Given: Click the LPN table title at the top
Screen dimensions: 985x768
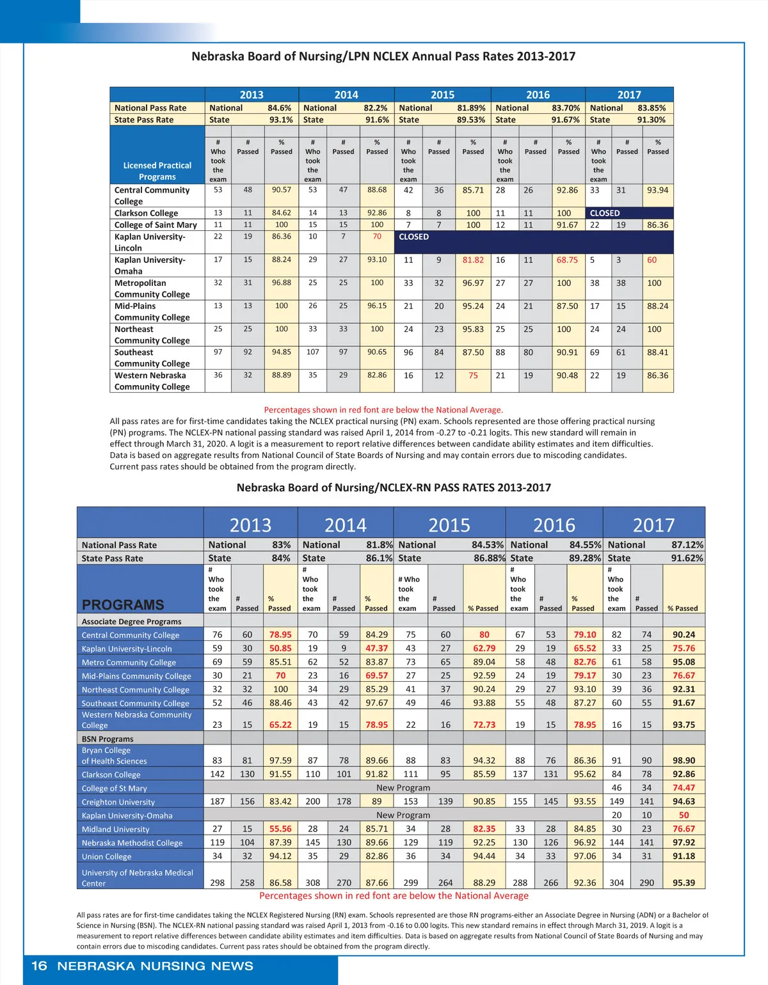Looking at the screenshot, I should pos(383,56).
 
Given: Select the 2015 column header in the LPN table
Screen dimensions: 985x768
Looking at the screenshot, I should pos(442,95).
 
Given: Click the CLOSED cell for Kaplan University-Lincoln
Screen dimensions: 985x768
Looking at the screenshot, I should pos(414,237).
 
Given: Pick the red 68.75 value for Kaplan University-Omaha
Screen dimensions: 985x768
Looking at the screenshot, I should pos(567,260).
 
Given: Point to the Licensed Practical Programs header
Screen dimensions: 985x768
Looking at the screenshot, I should pos(157,171).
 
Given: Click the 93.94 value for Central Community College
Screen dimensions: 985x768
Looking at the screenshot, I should pos(657,190).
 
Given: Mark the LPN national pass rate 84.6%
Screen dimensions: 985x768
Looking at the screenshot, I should pos(279,108).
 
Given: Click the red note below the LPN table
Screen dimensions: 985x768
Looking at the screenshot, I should pos(383,410).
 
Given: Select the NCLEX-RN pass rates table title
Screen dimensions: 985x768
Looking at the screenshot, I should pos(394,487).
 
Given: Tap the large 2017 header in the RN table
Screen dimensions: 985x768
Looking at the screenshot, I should pos(653,525).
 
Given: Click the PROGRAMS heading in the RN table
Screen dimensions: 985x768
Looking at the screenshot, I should pos(123,604).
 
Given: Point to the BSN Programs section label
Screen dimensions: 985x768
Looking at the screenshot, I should pos(108,739).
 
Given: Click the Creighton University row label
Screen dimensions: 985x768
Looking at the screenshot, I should pos(118,802).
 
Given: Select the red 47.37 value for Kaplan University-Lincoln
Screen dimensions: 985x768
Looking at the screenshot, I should pos(376,649).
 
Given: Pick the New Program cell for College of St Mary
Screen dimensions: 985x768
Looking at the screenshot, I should pos(403,788).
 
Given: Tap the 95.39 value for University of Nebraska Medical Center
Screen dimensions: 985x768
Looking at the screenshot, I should pos(684,883).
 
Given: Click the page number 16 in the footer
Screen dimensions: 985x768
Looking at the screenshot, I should pos(39,966).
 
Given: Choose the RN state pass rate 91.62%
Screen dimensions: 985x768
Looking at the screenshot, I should pos(687,558).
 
